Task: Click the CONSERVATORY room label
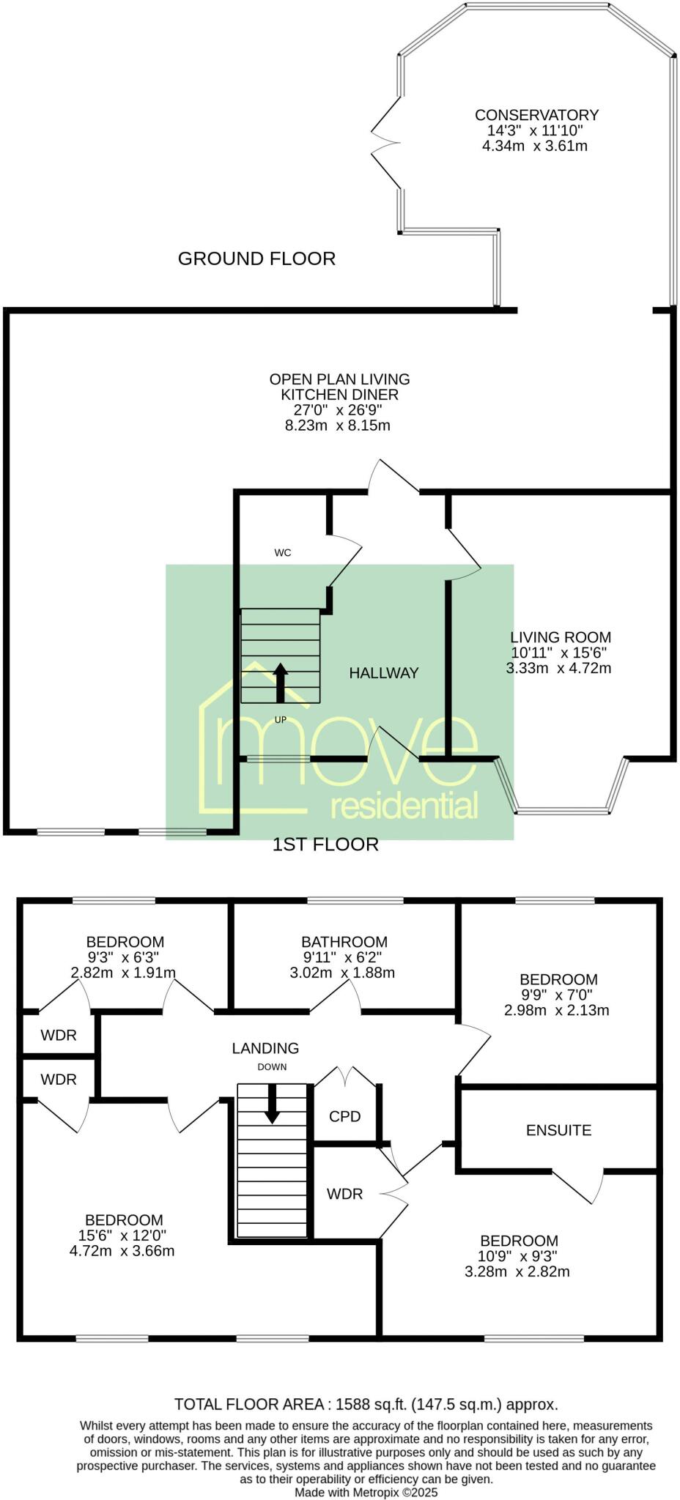536,115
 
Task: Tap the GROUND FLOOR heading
256,259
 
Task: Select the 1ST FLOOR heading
325,844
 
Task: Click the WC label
282,553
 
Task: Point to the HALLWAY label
383,673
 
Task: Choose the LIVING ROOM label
561,637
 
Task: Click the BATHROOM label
344,942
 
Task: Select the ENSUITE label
558,1130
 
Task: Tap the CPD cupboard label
344,1116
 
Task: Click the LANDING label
265,1048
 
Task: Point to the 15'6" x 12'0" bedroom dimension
124,1235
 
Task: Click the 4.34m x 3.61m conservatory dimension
535,146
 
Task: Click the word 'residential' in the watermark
404,806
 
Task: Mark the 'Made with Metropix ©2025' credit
366,1492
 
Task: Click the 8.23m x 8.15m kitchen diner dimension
337,426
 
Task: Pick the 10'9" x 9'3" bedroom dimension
519,1256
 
